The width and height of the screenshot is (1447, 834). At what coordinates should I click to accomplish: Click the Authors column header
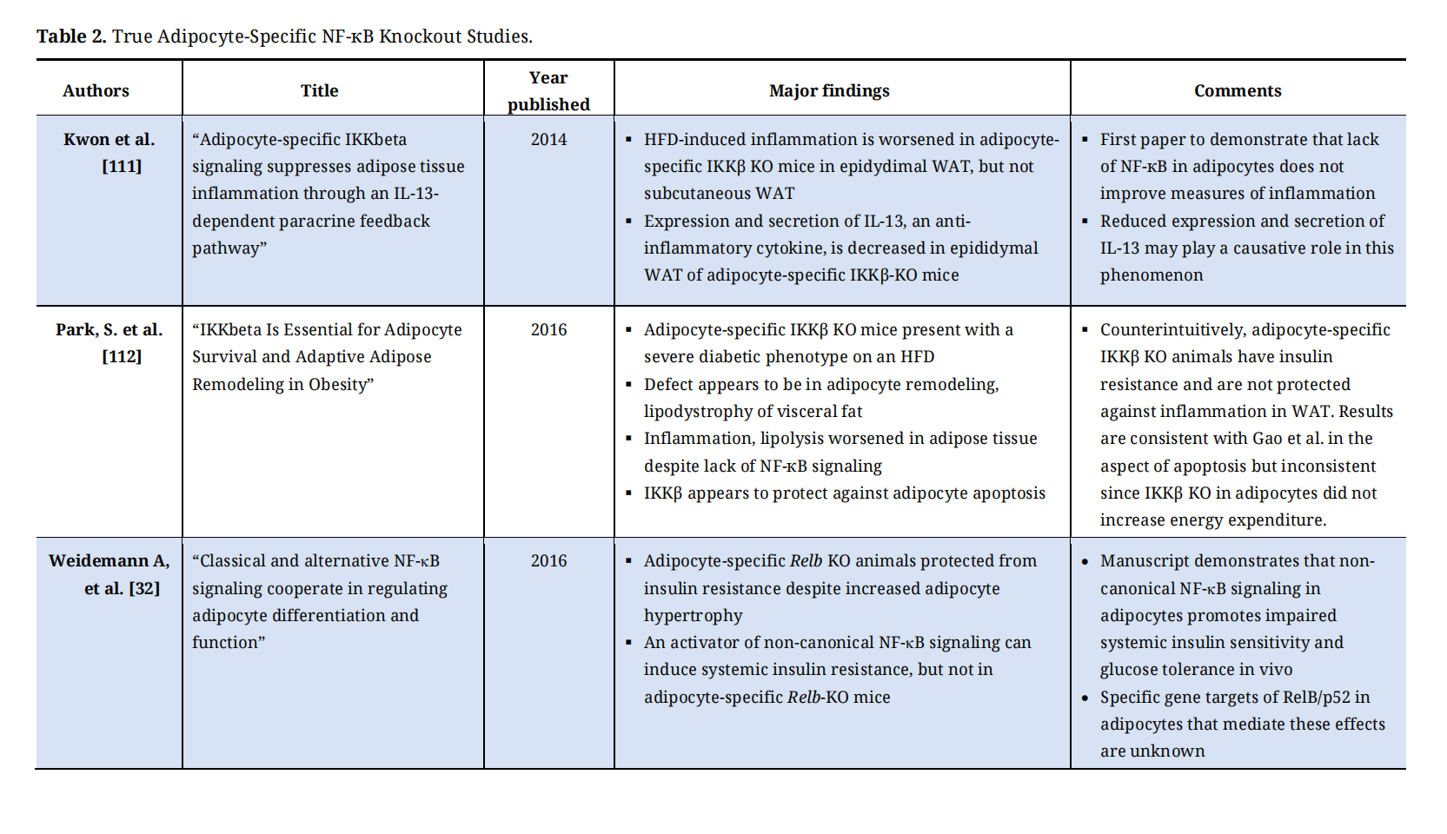tap(96, 90)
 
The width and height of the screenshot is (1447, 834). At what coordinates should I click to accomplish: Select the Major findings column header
tap(829, 90)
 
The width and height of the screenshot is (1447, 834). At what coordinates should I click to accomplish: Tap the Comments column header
tap(1238, 90)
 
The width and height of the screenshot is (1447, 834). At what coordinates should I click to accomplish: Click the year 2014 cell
tap(548, 139)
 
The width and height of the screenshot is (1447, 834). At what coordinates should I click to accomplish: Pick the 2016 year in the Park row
tap(548, 329)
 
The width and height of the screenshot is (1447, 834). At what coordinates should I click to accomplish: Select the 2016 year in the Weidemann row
tap(548, 560)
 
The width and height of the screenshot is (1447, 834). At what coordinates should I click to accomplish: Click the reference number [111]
tap(122, 166)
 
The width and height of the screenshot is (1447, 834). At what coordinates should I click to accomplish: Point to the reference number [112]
tap(122, 356)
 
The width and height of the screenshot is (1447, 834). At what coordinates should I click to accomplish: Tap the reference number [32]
tap(144, 588)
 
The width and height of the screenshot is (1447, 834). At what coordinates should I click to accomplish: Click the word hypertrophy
tap(693, 615)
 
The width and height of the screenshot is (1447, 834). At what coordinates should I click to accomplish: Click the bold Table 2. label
tap(71, 36)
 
